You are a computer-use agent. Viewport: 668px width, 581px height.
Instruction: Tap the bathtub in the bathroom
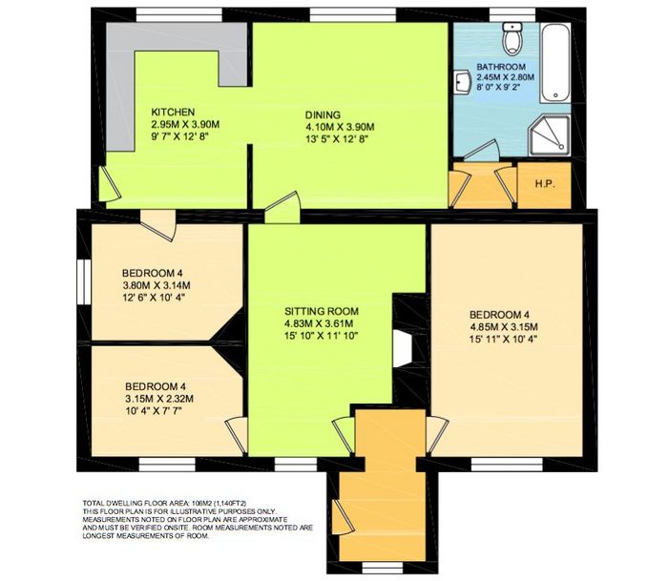[x=555, y=63]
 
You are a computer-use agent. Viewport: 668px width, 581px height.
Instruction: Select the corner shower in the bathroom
[x=549, y=135]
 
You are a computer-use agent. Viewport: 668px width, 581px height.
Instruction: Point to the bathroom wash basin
[x=462, y=82]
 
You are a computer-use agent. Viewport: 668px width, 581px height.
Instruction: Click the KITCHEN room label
[x=173, y=112]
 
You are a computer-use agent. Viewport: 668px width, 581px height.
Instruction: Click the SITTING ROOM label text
[x=322, y=311]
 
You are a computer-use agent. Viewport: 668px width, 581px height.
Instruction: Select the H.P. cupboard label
[x=545, y=184]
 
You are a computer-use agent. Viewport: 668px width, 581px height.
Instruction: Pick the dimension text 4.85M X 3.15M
[x=504, y=327]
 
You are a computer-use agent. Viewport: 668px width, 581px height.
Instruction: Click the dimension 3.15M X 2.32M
[x=159, y=399]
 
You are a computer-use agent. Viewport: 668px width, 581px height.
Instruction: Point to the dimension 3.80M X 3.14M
[x=156, y=285]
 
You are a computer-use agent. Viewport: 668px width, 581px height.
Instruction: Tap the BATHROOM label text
[x=501, y=67]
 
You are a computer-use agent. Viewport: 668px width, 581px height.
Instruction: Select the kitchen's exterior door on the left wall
[x=109, y=183]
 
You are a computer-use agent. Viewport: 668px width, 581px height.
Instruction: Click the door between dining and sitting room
[x=282, y=208]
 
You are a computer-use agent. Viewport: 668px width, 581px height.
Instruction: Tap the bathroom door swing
[x=481, y=151]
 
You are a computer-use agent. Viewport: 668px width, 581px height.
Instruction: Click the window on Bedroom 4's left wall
[x=84, y=282]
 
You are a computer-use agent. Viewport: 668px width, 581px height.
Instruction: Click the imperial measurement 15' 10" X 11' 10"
[x=321, y=336]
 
